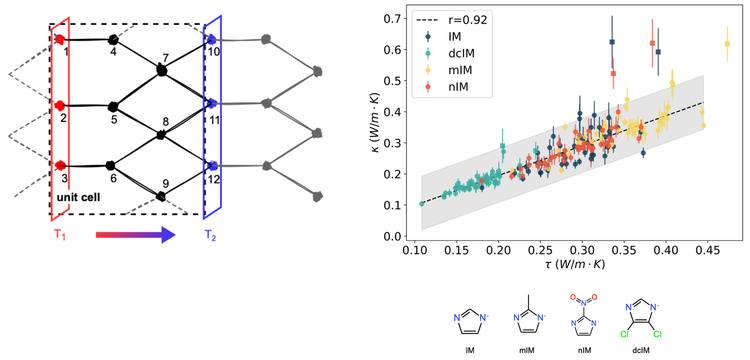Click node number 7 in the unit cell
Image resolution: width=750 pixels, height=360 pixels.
point(163,70)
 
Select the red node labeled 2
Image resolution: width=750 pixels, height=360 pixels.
point(62,104)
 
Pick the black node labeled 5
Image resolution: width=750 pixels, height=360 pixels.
point(113,104)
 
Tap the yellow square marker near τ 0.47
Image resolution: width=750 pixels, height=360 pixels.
point(727,44)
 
